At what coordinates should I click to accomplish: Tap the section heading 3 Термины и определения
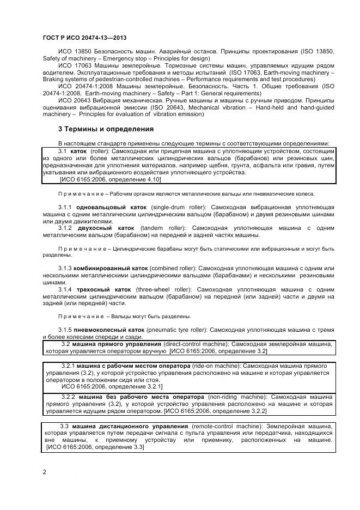[x=106, y=129]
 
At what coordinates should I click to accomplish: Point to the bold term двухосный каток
[x=106, y=228]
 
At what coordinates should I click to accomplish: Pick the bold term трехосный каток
[x=105, y=289]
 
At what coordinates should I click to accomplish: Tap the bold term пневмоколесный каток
[x=109, y=330]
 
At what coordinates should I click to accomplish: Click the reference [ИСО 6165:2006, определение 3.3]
[x=95, y=447]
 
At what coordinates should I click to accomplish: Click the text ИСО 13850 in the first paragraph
[x=75, y=51]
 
